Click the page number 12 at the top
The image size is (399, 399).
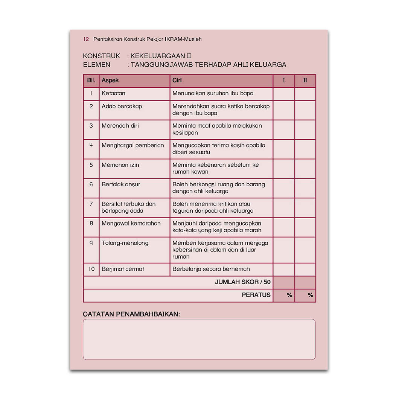coord(86,39)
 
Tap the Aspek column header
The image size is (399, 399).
coord(110,81)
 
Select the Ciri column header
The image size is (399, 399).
coord(177,81)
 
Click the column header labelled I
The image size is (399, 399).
coord(284,81)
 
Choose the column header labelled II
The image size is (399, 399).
coord(305,81)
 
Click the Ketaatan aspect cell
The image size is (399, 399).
coord(113,93)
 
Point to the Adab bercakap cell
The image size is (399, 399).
coord(122,107)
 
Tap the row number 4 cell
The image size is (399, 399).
coord(91,145)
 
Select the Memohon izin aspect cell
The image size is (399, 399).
coord(120,165)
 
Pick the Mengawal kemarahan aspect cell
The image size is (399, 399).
coord(131,224)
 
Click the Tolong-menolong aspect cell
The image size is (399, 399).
coord(125,243)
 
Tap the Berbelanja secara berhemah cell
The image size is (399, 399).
coord(211,269)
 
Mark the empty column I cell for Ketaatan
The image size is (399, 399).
coord(284,94)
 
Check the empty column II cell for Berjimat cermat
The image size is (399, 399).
coord(305,270)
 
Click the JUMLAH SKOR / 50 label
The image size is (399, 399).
coord(242,282)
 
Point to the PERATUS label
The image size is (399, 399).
coord(256,295)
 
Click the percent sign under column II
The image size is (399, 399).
coord(311,295)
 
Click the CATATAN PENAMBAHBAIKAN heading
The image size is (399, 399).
coord(131,314)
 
